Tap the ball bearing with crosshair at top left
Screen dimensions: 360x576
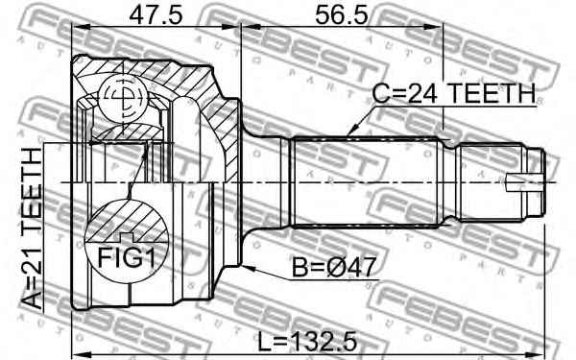(121, 97)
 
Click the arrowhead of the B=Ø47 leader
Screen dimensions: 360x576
(246, 268)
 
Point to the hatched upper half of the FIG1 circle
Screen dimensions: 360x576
(122, 217)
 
